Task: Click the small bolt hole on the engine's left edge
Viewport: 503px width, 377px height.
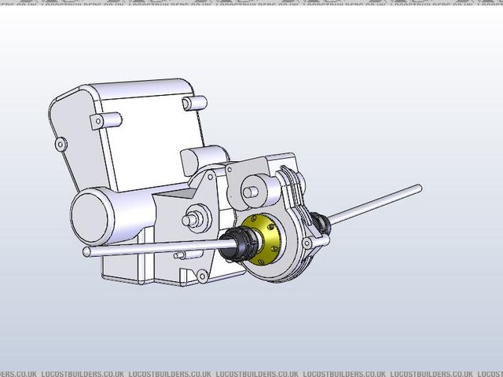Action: [x=60, y=142]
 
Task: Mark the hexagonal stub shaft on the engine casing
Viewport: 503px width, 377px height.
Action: [x=193, y=218]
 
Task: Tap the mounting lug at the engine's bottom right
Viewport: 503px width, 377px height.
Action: [x=203, y=274]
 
